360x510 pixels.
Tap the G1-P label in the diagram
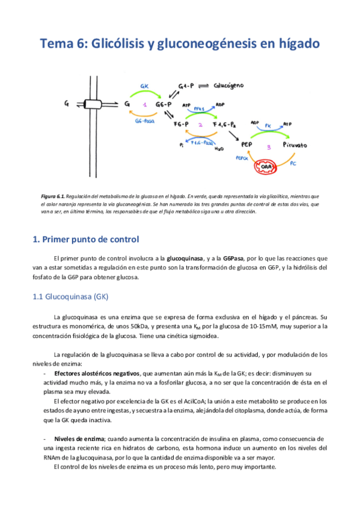[x=187, y=87]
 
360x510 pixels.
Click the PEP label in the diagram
[x=247, y=145]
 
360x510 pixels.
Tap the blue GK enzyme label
[x=145, y=87]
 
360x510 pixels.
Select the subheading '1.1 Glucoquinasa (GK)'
[x=70, y=296]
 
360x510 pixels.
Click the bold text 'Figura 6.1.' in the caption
[x=49, y=196]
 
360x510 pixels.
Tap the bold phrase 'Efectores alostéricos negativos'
[x=97, y=374]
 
